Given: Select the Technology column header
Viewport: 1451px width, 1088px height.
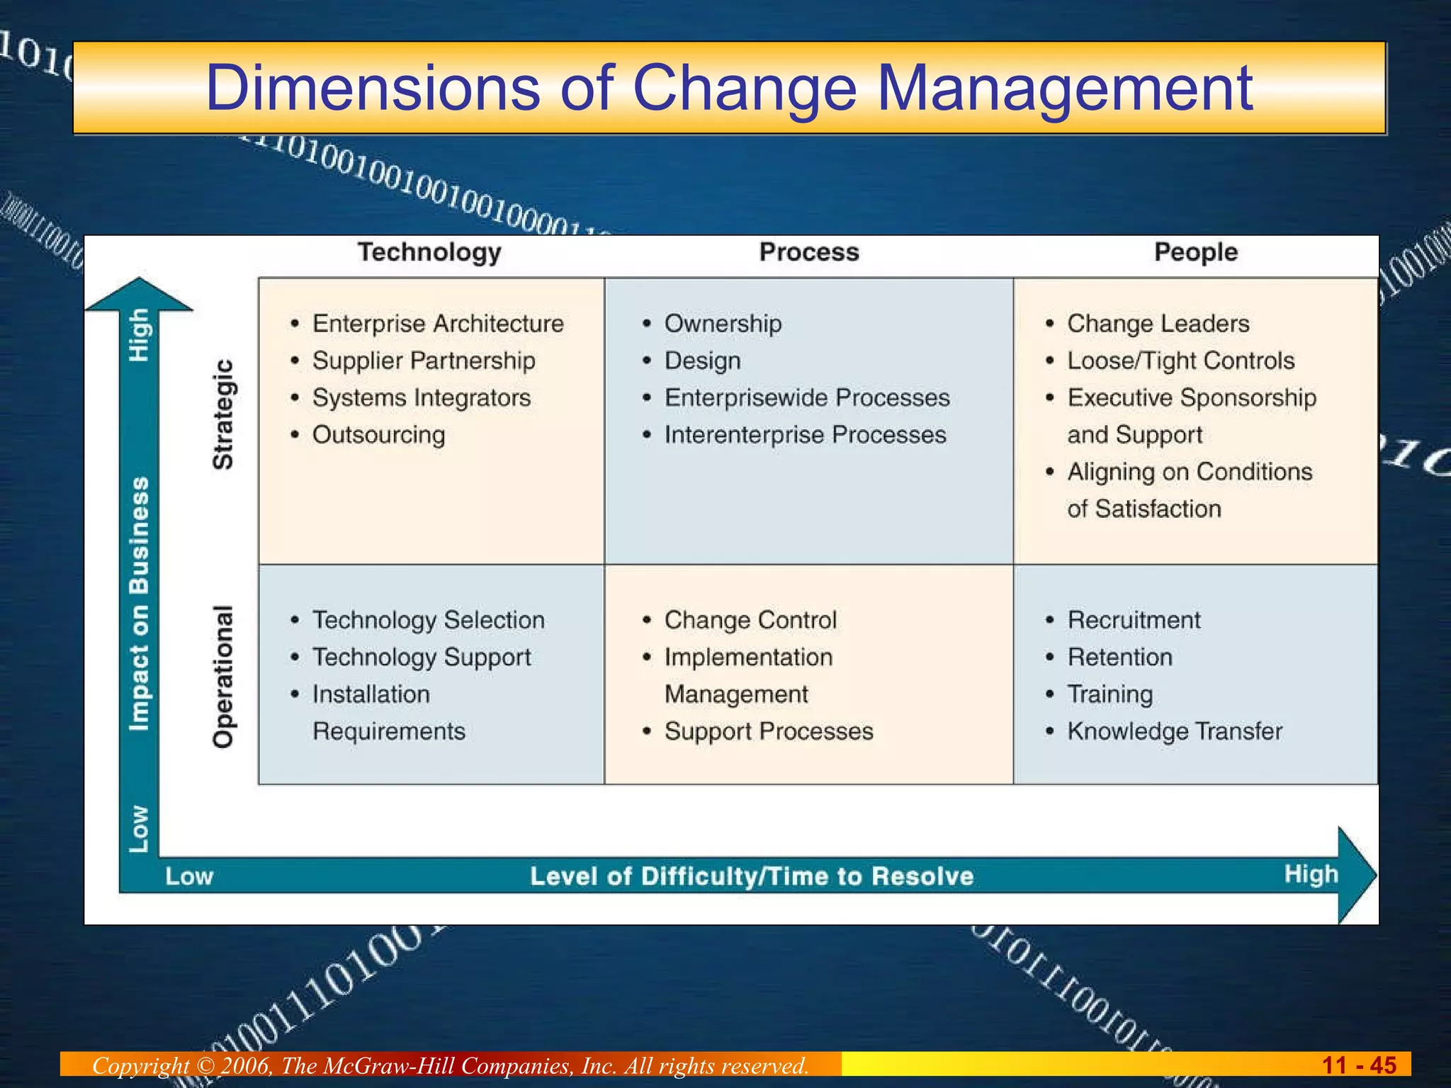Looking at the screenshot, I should (429, 252).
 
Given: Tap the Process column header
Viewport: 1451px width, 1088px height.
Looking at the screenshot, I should (809, 252).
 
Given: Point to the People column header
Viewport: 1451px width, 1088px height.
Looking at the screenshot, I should (1196, 252).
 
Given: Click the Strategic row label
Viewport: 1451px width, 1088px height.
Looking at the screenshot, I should (223, 414).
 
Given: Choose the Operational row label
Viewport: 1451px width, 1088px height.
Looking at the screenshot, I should (223, 676).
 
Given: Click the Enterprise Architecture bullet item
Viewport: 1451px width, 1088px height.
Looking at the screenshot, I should (438, 324).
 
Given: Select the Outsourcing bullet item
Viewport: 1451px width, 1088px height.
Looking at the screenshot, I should (378, 435).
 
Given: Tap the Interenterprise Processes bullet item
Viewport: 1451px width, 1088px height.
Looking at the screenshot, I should (805, 435).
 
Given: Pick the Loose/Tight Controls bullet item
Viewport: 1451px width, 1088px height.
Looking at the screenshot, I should (1180, 361).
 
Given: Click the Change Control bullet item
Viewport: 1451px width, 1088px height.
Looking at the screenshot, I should (750, 620).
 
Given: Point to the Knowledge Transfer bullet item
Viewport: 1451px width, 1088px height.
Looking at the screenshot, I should (1175, 731).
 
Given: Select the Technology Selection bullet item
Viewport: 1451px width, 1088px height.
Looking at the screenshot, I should (429, 620).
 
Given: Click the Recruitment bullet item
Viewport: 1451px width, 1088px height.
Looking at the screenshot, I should (1134, 620).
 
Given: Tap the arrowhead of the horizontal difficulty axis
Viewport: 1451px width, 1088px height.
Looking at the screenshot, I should (1356, 875).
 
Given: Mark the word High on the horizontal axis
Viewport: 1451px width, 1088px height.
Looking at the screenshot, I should (1311, 875).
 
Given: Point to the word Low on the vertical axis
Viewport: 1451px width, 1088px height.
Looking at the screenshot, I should (139, 829).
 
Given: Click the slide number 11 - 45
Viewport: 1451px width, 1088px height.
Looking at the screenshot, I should (1358, 1065).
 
